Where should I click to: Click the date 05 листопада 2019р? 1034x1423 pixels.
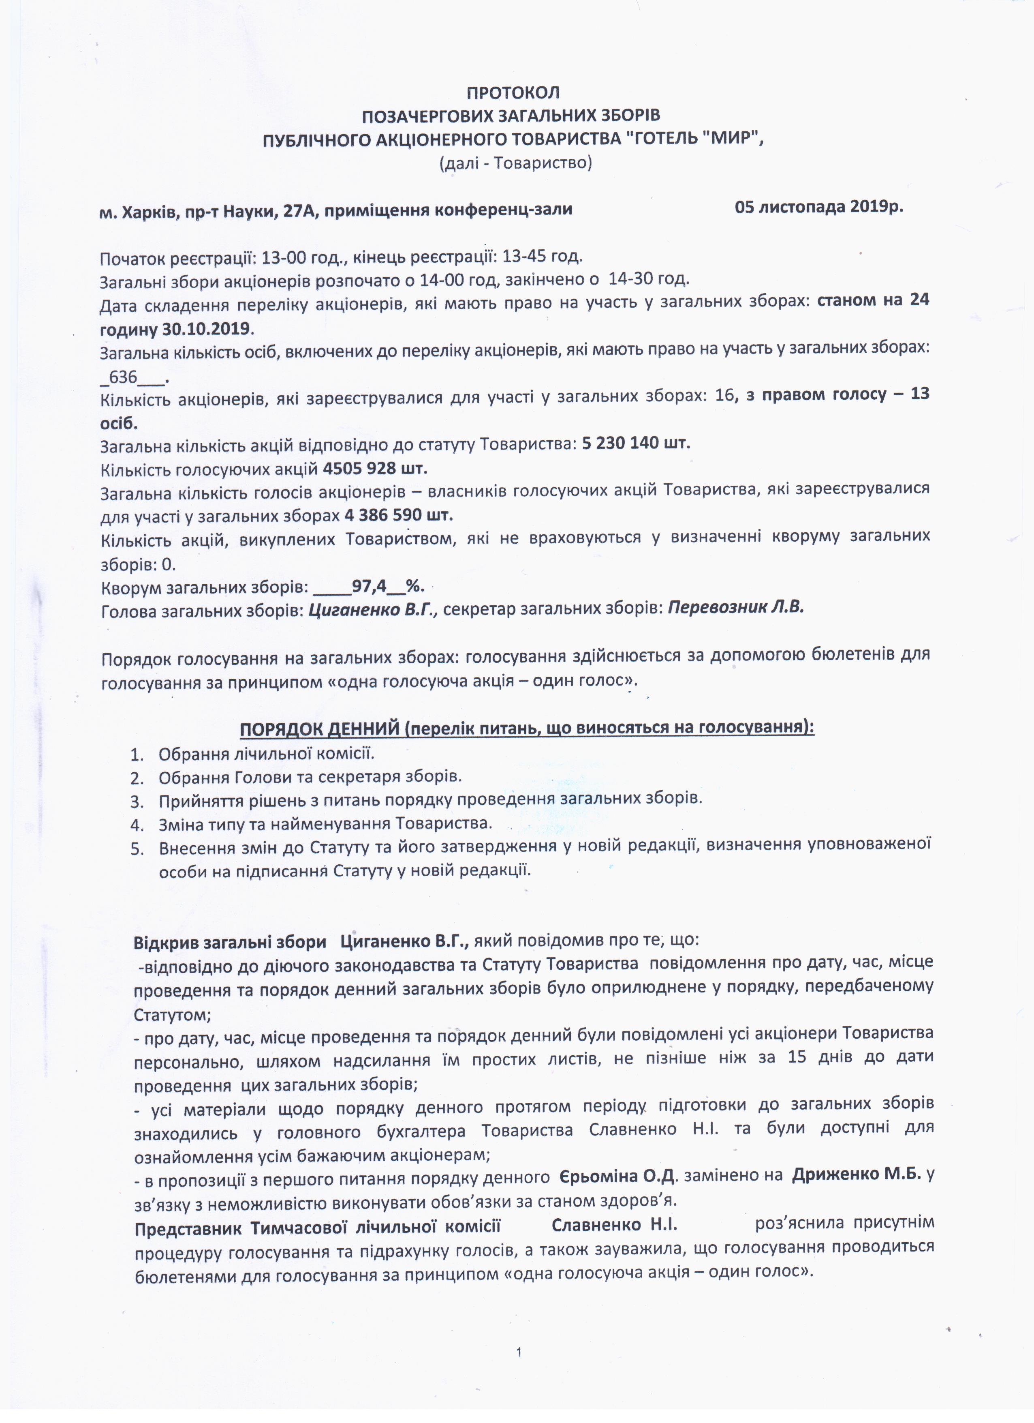tap(819, 207)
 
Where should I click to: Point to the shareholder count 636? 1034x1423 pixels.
tap(123, 377)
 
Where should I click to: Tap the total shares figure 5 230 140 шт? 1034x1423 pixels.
tap(636, 444)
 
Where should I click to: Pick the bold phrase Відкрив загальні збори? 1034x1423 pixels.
tap(230, 943)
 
